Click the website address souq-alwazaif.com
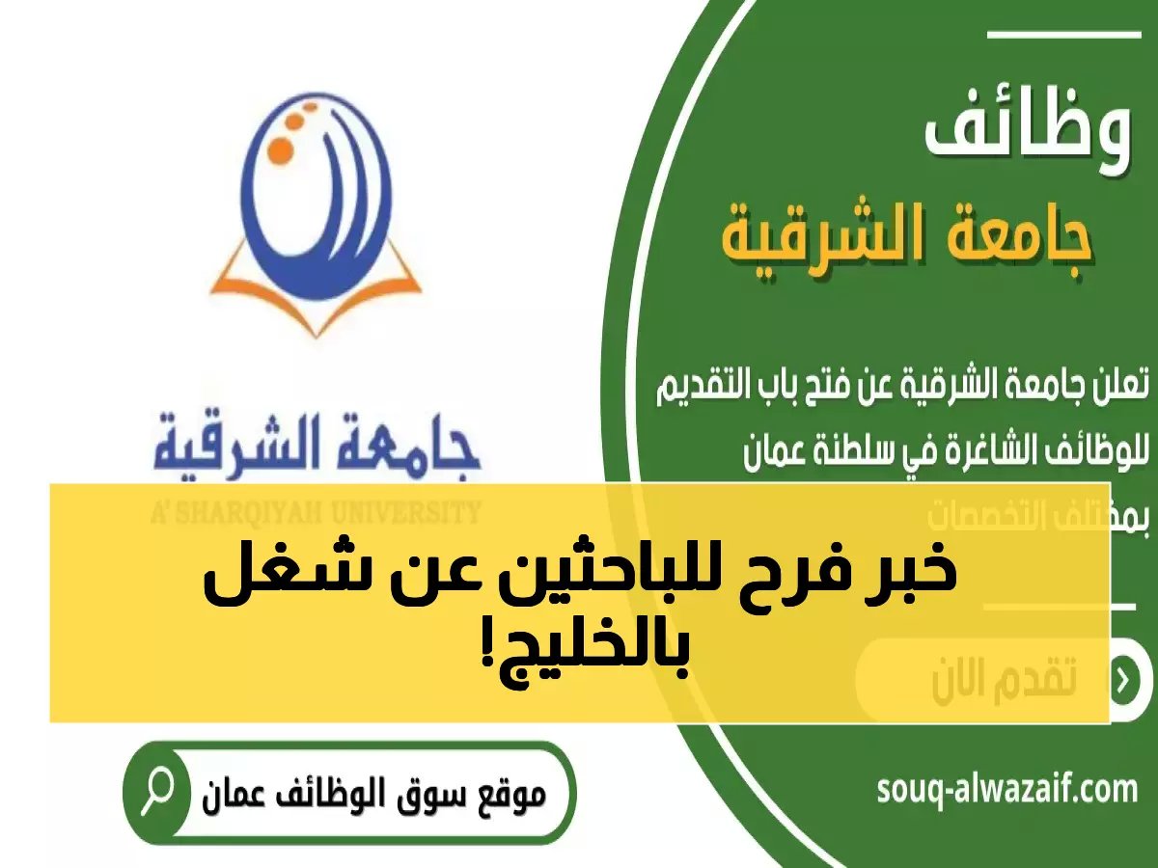point(1007,792)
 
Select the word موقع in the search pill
point(508,797)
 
